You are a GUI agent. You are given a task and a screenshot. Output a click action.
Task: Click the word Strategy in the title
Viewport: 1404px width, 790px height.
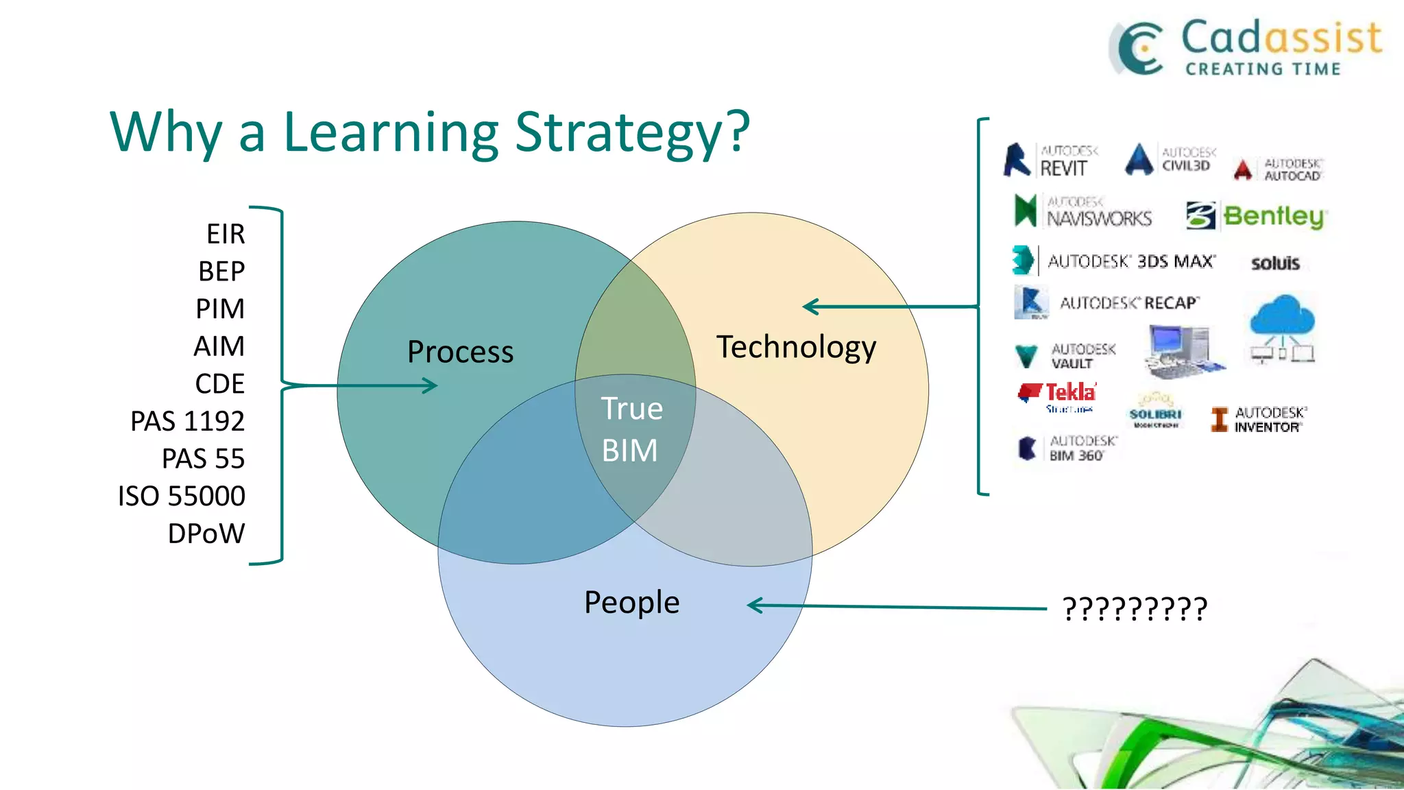point(631,132)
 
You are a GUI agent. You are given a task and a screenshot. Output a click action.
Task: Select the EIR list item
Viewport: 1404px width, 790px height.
point(226,235)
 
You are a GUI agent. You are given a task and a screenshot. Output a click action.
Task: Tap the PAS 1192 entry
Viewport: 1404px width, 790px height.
point(187,421)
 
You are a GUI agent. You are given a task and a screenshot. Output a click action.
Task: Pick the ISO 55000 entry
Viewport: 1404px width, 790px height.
point(181,496)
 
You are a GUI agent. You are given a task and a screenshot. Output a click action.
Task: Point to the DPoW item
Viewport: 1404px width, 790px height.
point(206,534)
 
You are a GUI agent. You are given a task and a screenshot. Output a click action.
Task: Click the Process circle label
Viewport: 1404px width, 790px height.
point(460,352)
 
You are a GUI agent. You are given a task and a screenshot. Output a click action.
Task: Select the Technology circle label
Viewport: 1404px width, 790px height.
point(796,348)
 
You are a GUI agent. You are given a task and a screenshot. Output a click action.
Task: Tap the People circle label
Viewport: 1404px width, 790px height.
point(631,603)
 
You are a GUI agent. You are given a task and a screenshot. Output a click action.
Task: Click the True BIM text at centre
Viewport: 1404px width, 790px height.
point(631,429)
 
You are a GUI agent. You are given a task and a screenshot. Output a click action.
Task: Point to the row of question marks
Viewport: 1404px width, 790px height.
point(1135,609)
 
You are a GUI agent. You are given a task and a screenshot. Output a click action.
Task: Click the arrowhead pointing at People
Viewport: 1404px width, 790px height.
point(755,605)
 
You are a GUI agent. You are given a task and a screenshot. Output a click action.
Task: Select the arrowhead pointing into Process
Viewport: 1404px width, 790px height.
point(431,385)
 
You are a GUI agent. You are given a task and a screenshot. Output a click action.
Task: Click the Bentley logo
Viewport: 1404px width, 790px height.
point(1257,216)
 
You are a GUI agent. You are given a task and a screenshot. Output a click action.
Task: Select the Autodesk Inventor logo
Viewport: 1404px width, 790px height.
point(1259,419)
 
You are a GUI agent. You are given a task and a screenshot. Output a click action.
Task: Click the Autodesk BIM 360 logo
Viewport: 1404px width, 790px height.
point(1067,448)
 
